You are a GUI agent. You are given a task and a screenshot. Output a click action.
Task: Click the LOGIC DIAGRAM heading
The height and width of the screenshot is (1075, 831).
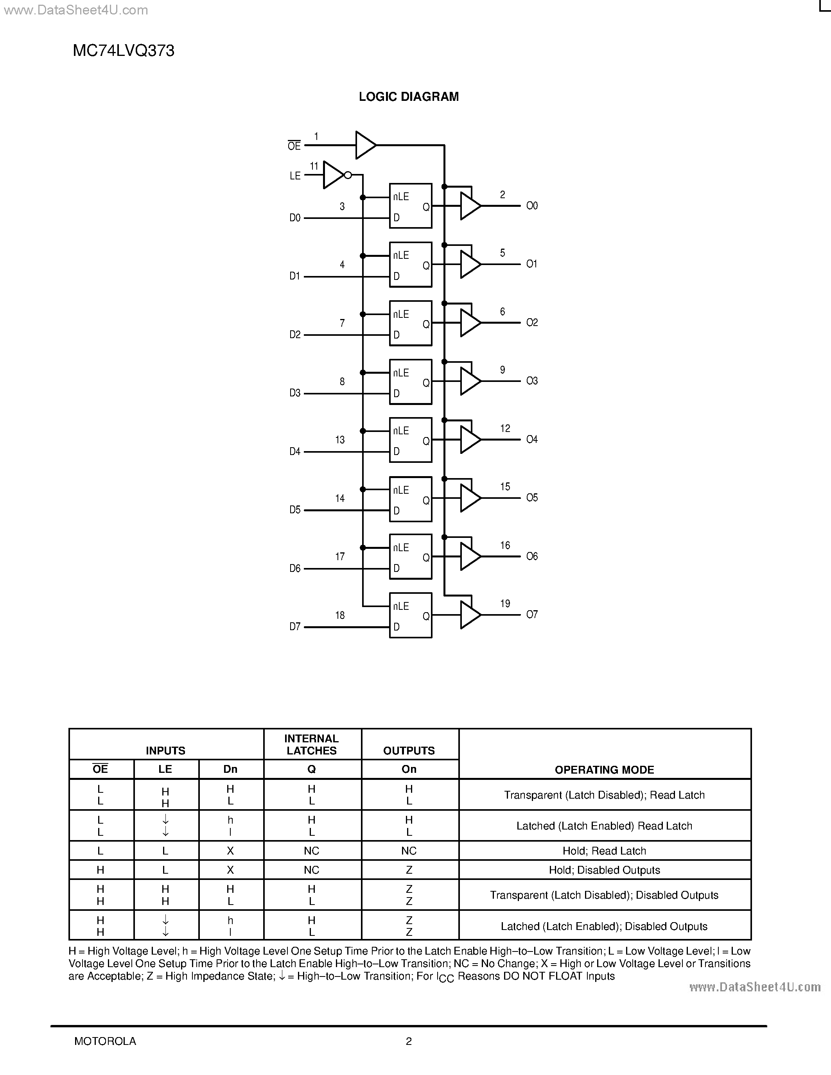pos(409,97)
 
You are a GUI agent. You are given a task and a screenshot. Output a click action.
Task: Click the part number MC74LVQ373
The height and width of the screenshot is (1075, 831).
pos(124,51)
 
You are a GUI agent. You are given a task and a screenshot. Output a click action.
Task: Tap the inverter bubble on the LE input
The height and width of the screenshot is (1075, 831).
pos(348,175)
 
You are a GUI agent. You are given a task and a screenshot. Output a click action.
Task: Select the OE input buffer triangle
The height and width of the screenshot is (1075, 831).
pos(365,145)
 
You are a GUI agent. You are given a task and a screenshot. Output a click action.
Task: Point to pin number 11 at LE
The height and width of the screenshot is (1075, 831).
pos(314,167)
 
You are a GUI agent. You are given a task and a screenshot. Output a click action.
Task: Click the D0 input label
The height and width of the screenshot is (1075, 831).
pos(295,218)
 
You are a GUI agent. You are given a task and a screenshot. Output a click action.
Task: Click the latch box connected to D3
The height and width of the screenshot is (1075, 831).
pos(411,382)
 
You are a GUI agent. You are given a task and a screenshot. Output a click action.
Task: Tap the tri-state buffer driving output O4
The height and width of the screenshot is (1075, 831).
pos(470,439)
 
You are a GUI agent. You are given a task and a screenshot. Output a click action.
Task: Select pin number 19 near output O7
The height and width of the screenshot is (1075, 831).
pos(505,604)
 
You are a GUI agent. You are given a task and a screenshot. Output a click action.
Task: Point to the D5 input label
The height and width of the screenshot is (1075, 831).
pos(295,510)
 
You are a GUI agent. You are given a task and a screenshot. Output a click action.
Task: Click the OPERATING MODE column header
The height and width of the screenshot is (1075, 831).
pos(604,770)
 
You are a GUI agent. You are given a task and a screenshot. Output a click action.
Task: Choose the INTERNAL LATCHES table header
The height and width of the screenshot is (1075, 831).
pos(312,745)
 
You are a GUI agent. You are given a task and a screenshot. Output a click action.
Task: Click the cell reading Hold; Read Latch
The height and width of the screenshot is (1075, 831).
pos(604,851)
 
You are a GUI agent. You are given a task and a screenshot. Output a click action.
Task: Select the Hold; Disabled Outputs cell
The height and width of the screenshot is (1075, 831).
pos(604,870)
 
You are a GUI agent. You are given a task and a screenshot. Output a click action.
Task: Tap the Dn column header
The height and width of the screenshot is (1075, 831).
pos(230,769)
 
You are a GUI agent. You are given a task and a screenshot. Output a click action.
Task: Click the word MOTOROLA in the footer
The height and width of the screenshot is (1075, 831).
pos(105,1041)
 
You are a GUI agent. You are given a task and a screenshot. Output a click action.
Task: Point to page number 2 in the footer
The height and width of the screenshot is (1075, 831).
pos(409,1041)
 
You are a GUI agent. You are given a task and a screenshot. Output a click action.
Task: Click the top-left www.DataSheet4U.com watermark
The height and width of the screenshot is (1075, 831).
pos(75,10)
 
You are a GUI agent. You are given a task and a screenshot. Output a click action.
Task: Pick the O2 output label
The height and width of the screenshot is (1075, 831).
pos(532,322)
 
